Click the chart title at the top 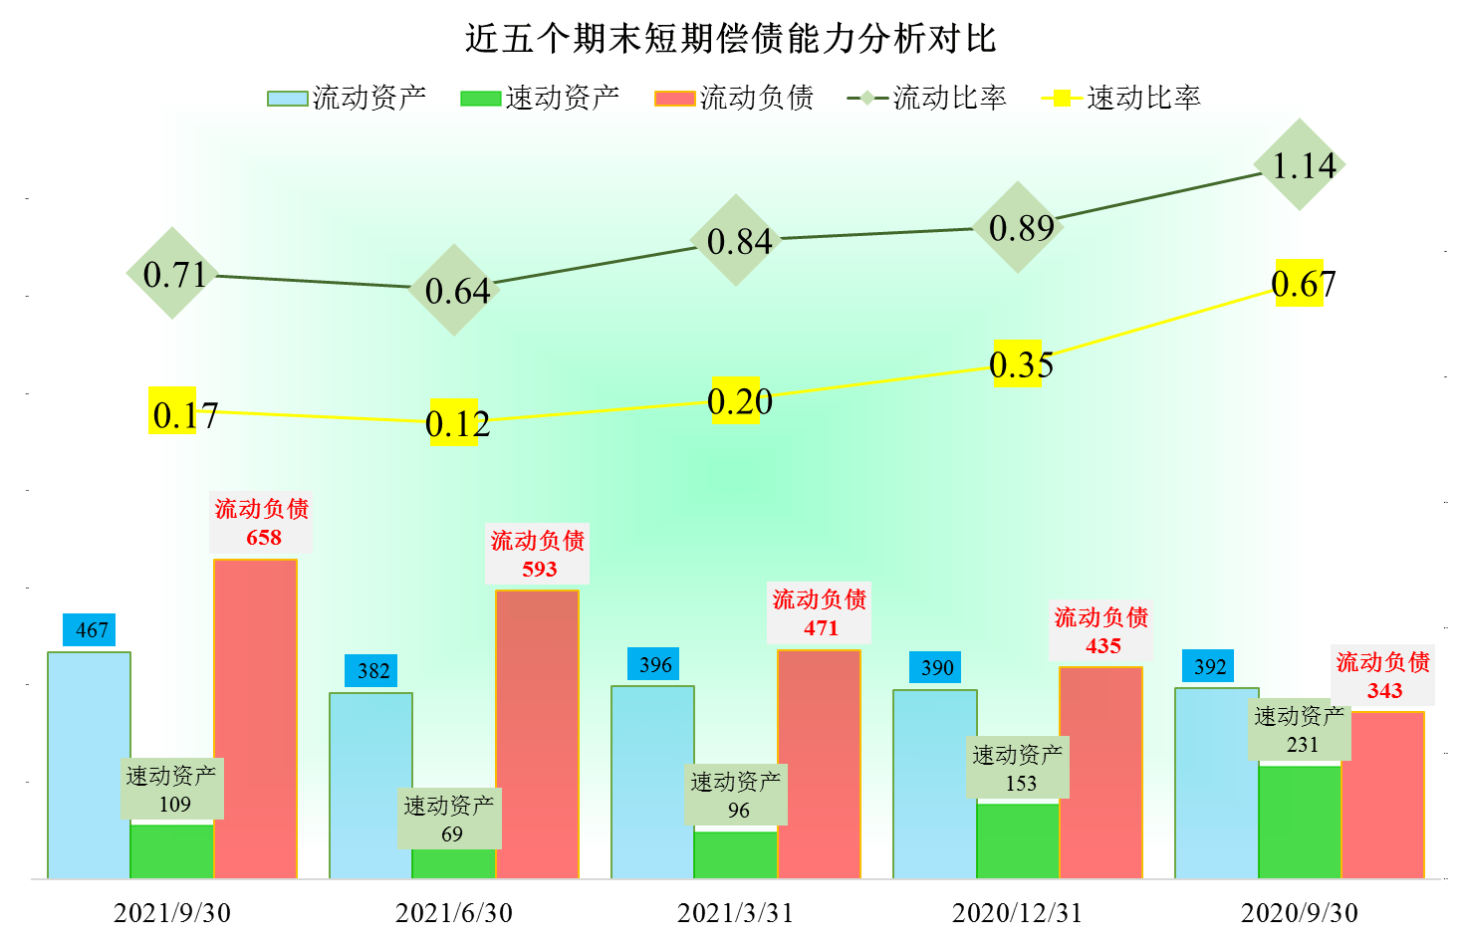730,38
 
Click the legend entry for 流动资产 347,98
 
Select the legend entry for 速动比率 1120,98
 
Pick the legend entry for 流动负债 734,98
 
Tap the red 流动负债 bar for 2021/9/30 255,718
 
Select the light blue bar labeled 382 370,786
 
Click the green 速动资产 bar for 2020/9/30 1300,823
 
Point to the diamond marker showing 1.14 1300,164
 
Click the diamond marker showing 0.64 454,290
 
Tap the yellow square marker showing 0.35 1018,363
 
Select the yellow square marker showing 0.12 454,422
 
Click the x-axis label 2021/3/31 735,913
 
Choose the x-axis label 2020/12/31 1018,913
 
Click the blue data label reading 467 90,629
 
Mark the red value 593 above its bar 540,569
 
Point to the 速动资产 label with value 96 736,795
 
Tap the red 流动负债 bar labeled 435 1100,773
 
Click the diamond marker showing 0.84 736,240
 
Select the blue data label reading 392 1208,666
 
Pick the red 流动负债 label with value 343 1382,675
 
